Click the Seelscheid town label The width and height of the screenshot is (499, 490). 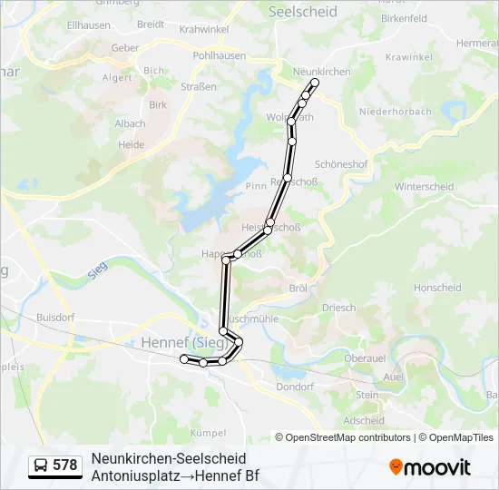[x=303, y=12]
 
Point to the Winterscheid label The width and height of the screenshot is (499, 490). [x=424, y=187]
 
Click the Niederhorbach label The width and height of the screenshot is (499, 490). [x=395, y=113]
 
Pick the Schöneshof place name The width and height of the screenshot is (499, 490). [x=340, y=164]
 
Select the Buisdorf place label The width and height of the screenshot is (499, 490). [x=54, y=318]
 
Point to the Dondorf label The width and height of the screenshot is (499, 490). [x=294, y=387]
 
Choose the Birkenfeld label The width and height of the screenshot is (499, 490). [x=404, y=18]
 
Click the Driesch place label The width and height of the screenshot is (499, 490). [x=339, y=308]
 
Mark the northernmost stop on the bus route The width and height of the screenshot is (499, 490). [x=315, y=83]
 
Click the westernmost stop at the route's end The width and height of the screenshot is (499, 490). [x=184, y=359]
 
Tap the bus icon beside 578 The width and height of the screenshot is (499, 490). [x=42, y=465]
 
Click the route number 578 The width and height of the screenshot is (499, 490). [x=64, y=465]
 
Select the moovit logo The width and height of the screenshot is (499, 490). [x=430, y=466]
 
